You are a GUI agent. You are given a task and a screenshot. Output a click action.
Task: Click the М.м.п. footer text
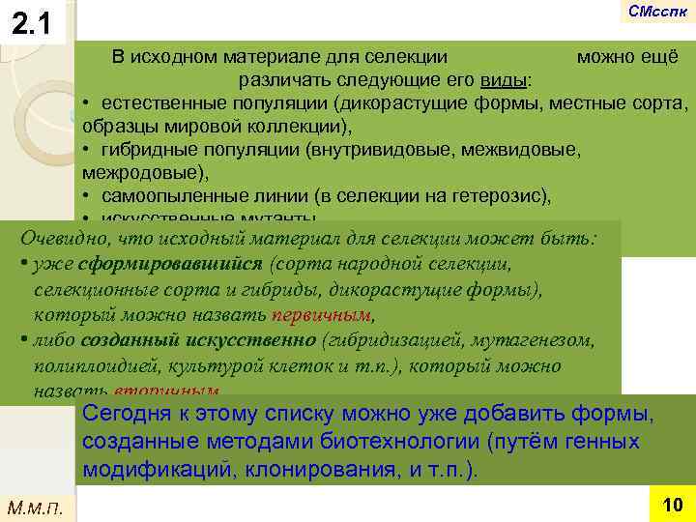[x=35, y=506]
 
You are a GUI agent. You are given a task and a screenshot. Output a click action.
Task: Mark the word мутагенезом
[x=540, y=340]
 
